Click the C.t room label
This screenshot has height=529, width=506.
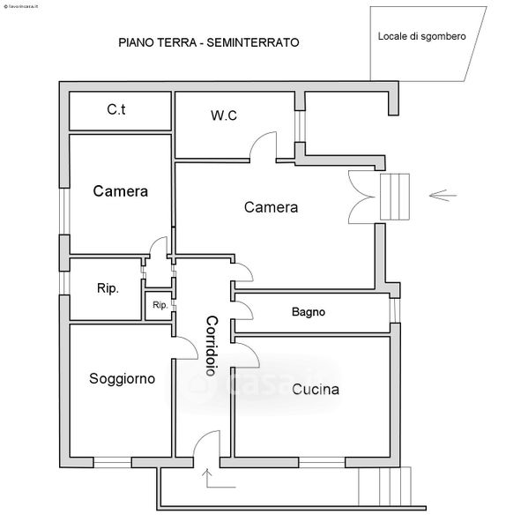pos(116,109)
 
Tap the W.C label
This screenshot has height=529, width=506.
pos(224,115)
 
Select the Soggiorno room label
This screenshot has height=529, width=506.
pos(123,378)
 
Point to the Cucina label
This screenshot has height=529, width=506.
pos(316,390)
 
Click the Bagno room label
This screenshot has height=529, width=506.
pos(309,312)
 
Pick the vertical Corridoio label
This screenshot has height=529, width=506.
pos(212,346)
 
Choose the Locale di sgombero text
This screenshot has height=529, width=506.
pos(421,36)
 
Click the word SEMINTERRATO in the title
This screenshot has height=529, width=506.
pos(253,42)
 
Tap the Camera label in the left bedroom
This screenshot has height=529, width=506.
pos(121,191)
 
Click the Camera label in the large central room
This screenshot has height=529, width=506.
pos(271,207)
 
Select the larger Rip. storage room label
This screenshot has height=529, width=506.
pos(108,288)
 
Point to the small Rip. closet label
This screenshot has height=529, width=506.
pos(160,305)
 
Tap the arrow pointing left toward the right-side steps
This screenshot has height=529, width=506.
pos(443,195)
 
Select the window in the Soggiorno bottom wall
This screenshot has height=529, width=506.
pos(112,462)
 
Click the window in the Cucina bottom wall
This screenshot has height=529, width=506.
pos(322,462)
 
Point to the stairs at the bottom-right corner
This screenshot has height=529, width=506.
pos(384,486)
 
